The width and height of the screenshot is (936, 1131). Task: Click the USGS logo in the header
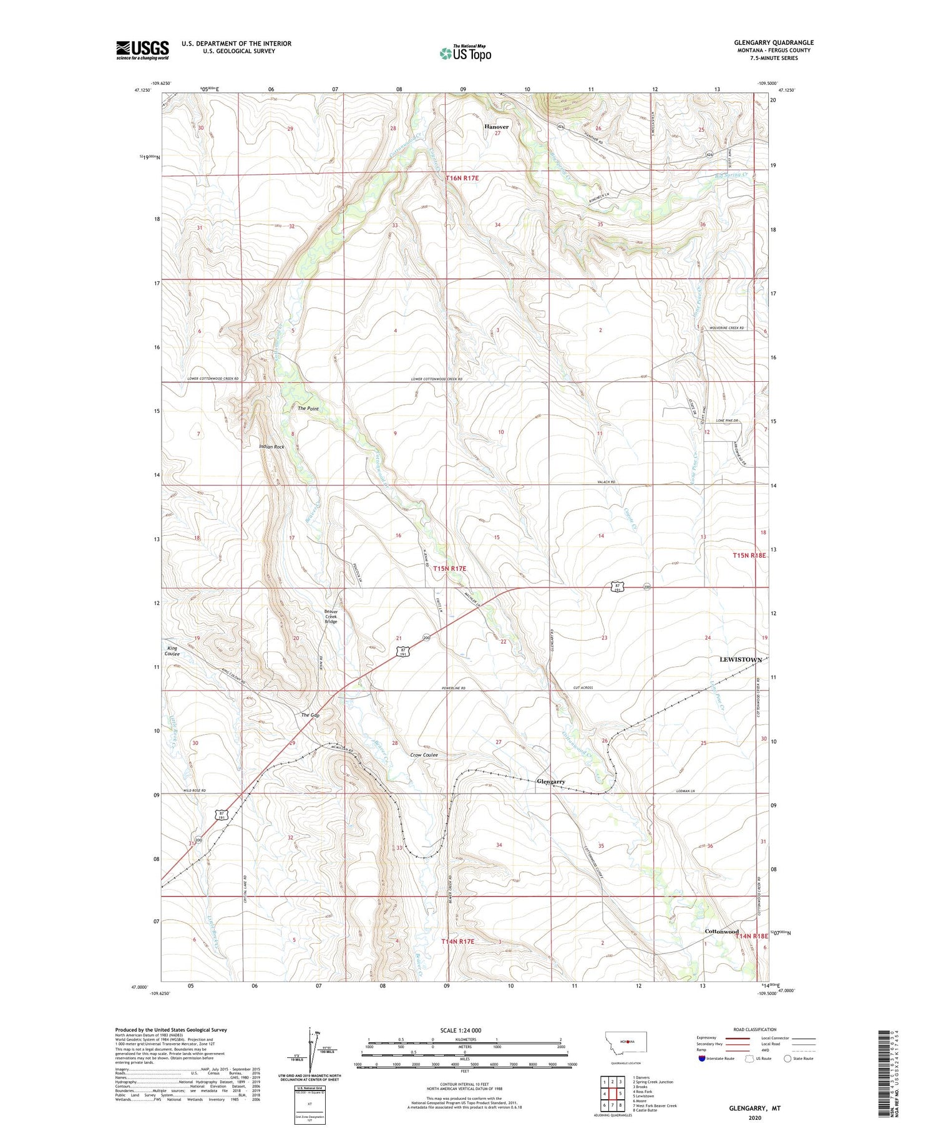[142, 50]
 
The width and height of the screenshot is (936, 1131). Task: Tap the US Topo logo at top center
[465, 54]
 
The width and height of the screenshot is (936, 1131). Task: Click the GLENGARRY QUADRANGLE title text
[774, 42]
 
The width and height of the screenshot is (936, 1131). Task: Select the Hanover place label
[497, 127]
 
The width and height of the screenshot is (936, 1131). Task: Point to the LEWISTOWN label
[741, 659]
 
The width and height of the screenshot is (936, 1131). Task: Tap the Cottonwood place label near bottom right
[721, 931]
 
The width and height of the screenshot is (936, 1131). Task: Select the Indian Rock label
[272, 447]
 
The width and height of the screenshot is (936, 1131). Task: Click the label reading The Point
[308, 409]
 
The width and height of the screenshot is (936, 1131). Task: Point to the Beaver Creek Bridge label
[331, 616]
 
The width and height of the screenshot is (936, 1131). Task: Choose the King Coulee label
[172, 651]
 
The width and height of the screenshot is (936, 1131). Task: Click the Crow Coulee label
[424, 755]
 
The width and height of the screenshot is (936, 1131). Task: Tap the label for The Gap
[310, 715]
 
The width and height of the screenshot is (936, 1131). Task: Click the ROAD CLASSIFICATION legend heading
[755, 1029]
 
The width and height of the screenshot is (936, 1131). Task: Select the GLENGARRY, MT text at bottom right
[754, 1109]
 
